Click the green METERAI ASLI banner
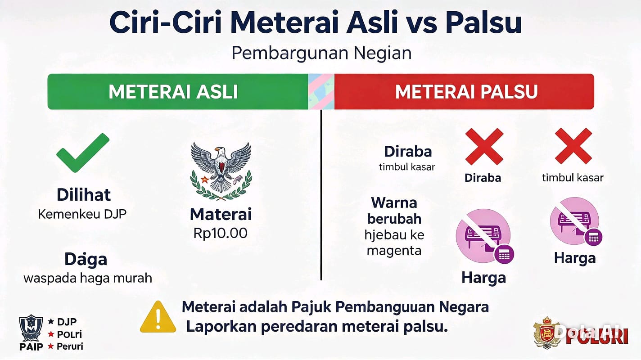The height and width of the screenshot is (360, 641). (x=178, y=91)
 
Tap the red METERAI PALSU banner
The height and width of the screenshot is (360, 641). (x=464, y=91)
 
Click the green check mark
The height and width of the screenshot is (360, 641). (x=83, y=153)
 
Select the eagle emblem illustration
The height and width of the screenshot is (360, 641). (x=221, y=171)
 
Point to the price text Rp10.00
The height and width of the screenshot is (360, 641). (x=221, y=233)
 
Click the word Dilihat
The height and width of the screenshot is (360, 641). (x=84, y=195)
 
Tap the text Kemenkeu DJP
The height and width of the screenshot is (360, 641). (x=82, y=214)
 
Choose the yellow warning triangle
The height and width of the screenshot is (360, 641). (x=158, y=317)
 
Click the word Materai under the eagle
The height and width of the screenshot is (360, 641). (x=221, y=214)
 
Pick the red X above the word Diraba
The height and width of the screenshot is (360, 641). (x=484, y=147)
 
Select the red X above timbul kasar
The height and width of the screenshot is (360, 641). (x=573, y=146)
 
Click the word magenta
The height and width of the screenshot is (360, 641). (x=394, y=251)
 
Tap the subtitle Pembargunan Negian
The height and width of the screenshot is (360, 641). (x=321, y=53)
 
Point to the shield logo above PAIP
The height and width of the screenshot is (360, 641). (x=31, y=328)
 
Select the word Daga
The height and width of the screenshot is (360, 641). (x=86, y=259)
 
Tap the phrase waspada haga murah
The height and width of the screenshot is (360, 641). (x=88, y=278)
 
